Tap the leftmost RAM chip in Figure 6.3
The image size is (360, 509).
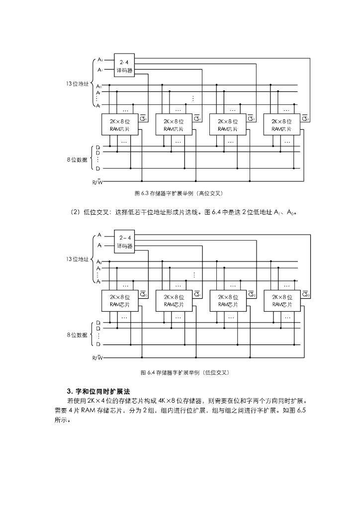click(119, 125)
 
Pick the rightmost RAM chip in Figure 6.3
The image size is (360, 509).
click(281, 125)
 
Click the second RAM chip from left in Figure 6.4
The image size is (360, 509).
click(174, 300)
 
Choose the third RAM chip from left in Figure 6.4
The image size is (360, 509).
click(227, 300)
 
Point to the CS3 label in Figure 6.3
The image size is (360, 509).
click(305, 118)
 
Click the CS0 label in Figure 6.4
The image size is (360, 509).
click(143, 294)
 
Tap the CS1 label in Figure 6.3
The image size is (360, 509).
click(197, 118)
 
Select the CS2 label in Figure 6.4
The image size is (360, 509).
click(252, 294)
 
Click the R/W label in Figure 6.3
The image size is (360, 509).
click(97, 182)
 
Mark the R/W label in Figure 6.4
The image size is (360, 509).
click(97, 358)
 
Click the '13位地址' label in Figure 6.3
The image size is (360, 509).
click(77, 84)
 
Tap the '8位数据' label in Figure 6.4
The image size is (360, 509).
click(77, 335)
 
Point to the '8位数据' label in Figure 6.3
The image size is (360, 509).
click(77, 159)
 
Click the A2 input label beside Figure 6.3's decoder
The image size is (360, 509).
click(100, 60)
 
